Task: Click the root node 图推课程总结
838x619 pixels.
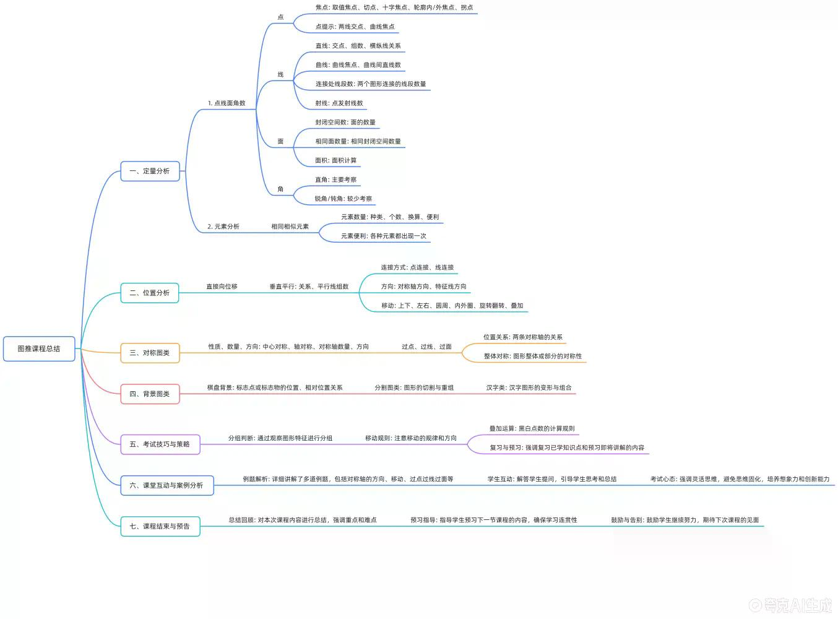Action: point(39,348)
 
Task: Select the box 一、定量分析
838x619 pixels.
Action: point(150,171)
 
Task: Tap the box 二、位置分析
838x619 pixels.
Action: point(150,293)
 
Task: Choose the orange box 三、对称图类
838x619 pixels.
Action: point(150,353)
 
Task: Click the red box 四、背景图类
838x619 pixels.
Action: point(150,394)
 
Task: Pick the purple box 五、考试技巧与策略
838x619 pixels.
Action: point(160,444)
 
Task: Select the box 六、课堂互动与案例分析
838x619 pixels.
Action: point(167,485)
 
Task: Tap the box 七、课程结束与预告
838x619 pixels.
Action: point(160,526)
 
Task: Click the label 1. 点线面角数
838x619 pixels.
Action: point(227,103)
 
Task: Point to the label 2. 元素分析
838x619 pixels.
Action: point(223,227)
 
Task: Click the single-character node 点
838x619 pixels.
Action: point(280,17)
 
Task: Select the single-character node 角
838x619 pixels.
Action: point(280,189)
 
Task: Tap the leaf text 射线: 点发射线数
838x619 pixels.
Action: point(339,103)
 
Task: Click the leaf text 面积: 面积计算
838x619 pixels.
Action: point(336,160)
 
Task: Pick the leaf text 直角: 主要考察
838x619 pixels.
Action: point(336,180)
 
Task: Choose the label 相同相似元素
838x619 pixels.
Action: point(290,227)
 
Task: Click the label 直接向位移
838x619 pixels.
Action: point(222,287)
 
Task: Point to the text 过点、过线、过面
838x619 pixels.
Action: point(426,347)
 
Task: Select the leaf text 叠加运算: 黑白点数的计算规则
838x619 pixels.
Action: point(532,428)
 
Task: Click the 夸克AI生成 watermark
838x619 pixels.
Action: point(790,605)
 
